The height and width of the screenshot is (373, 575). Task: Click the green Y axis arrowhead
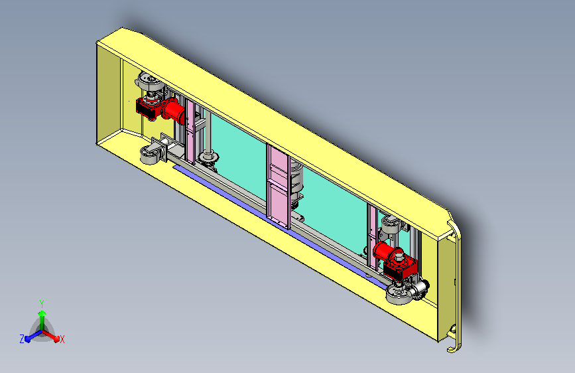(42, 313)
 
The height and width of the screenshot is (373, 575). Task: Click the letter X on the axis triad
(62, 339)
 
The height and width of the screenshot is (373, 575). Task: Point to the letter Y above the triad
(42, 303)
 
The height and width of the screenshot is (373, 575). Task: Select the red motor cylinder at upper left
(173, 110)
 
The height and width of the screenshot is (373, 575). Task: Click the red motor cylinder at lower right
(385, 252)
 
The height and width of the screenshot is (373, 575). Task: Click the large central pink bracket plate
(279, 186)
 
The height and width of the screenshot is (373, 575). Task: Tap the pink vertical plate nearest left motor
(190, 131)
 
